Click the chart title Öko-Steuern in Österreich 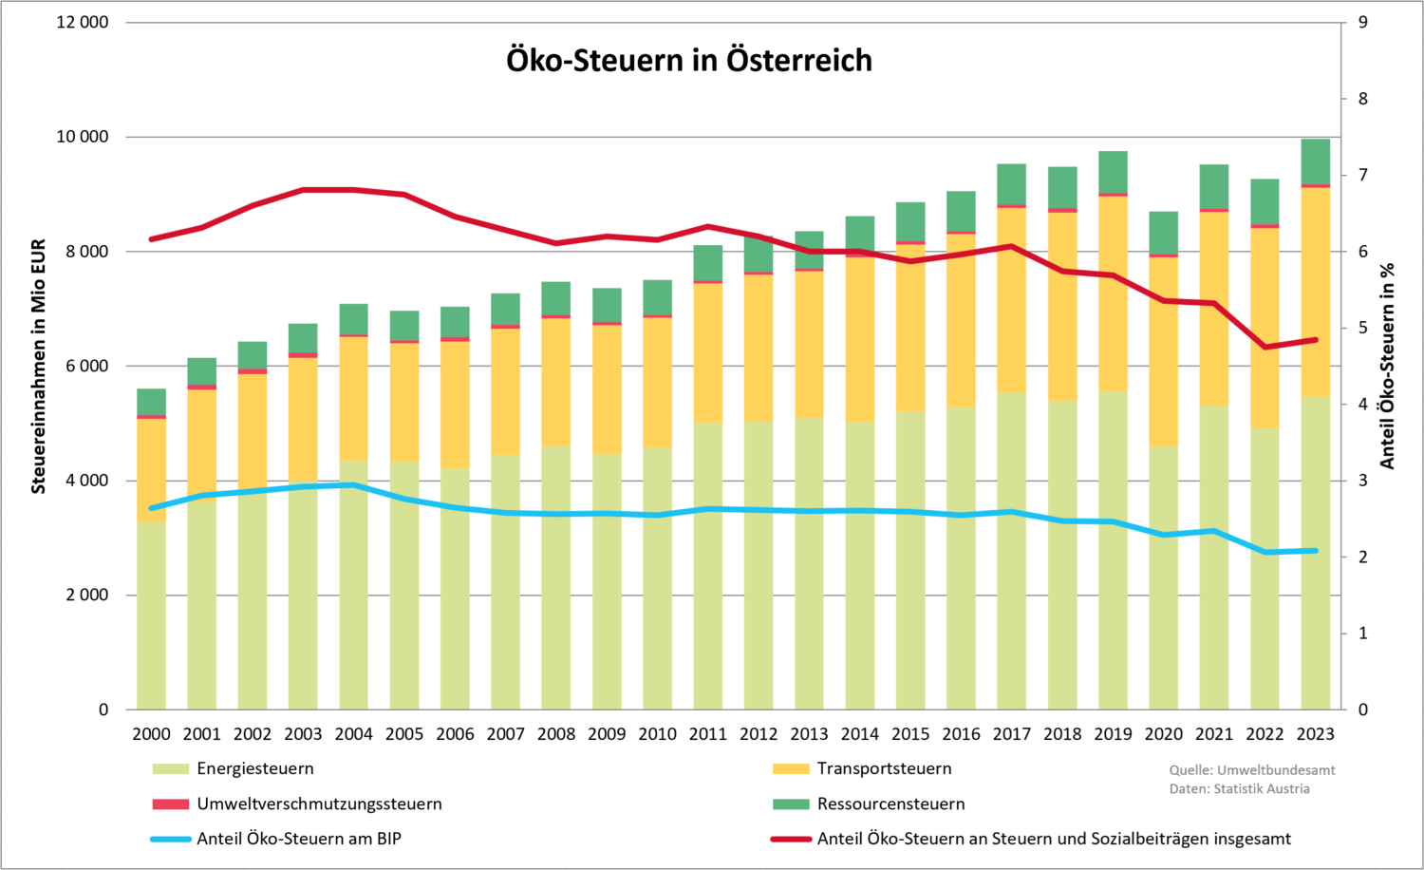689,60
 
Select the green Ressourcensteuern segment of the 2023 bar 1315,161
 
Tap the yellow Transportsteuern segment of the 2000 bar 151,470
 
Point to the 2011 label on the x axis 707,734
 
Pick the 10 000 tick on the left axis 83,137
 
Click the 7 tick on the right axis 1362,175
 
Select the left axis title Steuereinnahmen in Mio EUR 39,367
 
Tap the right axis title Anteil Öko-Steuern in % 1387,367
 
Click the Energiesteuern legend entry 254,768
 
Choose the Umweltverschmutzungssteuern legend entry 319,804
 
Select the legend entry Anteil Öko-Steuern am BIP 299,839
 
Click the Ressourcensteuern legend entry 890,804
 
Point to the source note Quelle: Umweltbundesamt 1251,770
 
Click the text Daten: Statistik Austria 1239,788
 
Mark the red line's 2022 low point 1265,347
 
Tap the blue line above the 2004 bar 353,485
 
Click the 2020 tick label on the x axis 1163,734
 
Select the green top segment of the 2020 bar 1163,233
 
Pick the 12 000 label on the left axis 83,22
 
